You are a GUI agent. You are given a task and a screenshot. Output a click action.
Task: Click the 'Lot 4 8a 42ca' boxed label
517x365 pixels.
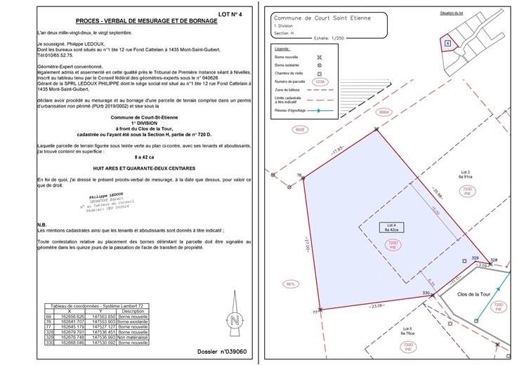tap(391, 227)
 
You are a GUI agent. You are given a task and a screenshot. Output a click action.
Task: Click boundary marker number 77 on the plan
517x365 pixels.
tap(315, 311)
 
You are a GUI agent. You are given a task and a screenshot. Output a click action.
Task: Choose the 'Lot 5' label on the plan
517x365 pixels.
tap(407, 331)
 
